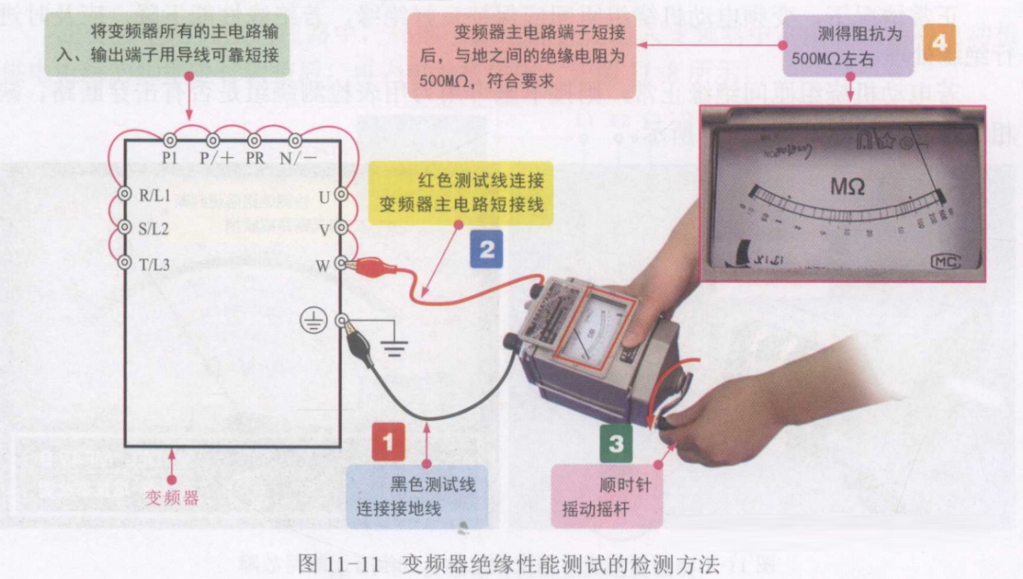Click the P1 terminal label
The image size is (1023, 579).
pos(170,159)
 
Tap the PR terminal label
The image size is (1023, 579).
pos(256,159)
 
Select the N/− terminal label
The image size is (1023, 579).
pos(297,159)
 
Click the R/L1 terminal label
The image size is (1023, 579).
pos(154,196)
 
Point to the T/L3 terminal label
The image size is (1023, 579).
pos(154,264)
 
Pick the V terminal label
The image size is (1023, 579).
pos(323,230)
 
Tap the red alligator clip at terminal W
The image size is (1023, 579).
pos(364,268)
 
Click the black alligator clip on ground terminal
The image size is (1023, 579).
pos(360,340)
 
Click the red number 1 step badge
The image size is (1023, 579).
pos(388,441)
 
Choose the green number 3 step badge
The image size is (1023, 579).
pos(617,442)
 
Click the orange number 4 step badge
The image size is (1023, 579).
pos(938,44)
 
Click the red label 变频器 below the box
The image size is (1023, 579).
pos(171,497)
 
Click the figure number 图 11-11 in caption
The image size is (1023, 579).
pos(338,565)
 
